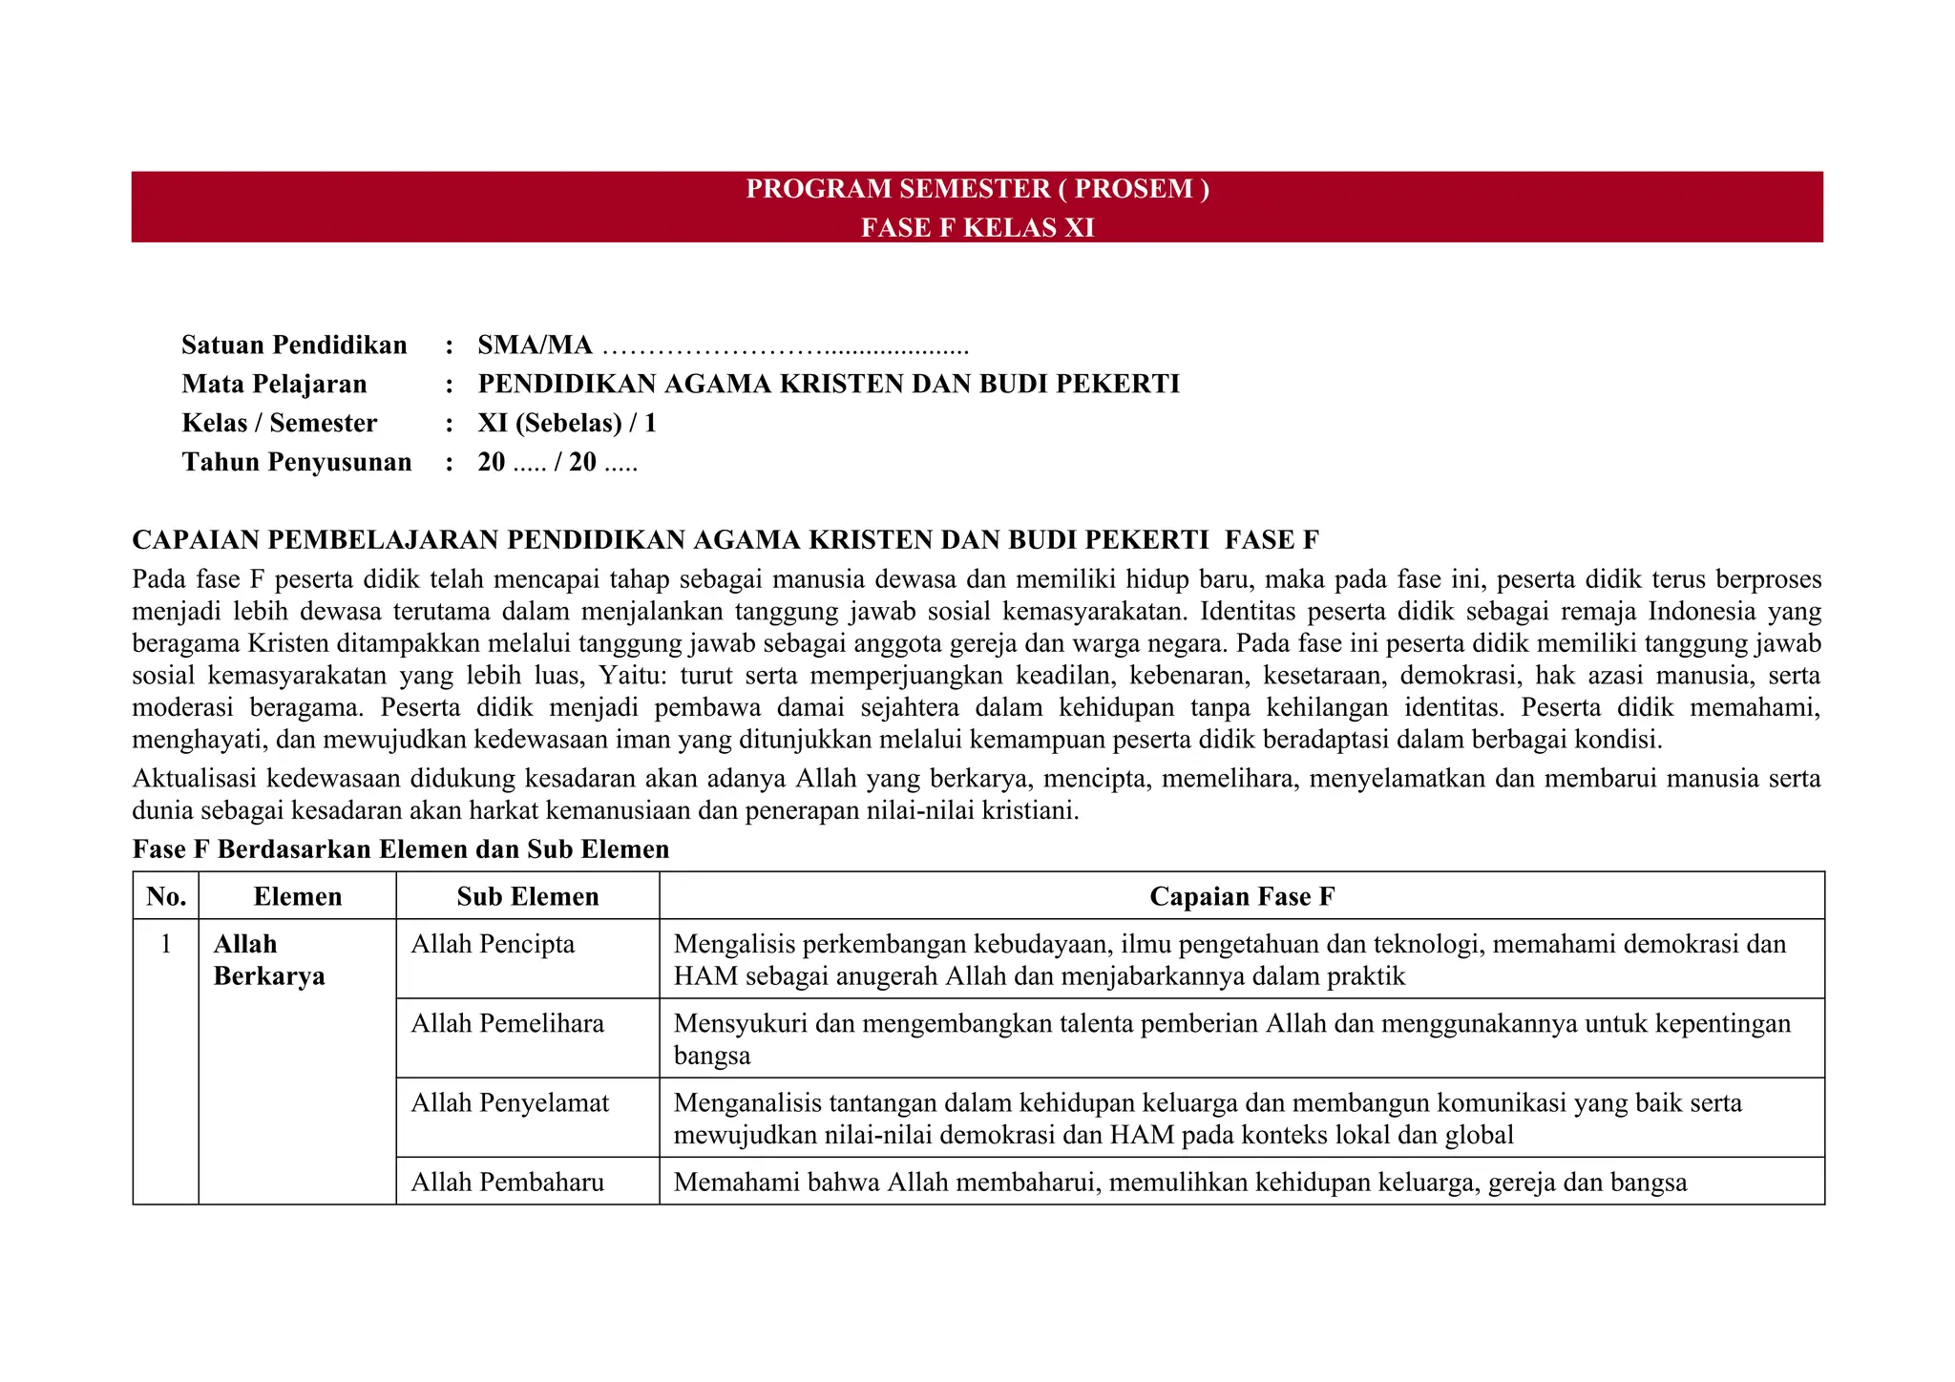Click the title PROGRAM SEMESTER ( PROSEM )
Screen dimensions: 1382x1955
977,189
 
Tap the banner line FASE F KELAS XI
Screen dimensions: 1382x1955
977,228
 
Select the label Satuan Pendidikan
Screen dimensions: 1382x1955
294,345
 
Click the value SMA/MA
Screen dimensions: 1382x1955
535,345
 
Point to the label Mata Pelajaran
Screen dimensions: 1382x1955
274,384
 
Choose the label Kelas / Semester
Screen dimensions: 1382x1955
279,423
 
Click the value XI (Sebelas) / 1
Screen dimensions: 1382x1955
567,423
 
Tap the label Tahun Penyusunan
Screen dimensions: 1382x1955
296,462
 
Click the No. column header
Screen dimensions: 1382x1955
166,896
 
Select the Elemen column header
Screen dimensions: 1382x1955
297,896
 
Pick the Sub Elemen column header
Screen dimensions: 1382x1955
527,896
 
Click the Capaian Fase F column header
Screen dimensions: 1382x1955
1241,896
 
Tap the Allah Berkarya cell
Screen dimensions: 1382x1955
268,960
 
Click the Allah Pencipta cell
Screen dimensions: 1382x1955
493,944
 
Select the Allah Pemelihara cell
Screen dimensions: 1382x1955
507,1023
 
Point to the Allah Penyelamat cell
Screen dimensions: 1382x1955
510,1102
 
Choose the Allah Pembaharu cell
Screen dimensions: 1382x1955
507,1182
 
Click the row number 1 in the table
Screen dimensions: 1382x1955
166,944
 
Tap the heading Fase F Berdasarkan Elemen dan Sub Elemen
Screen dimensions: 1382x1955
401,849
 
